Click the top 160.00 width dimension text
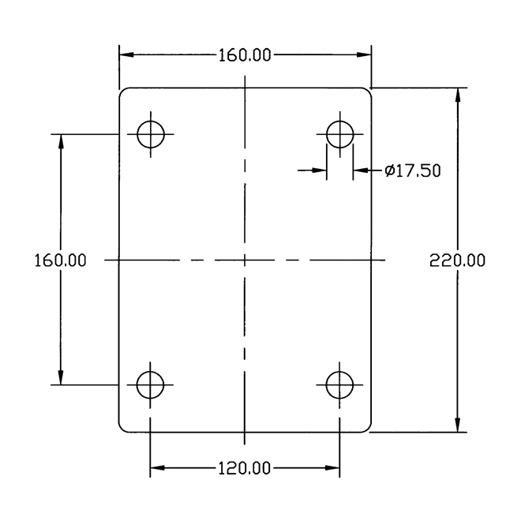245,55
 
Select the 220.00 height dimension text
457,260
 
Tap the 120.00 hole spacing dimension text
244,468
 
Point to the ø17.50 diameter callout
413,171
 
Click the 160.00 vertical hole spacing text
61,260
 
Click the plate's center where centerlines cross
245,260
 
